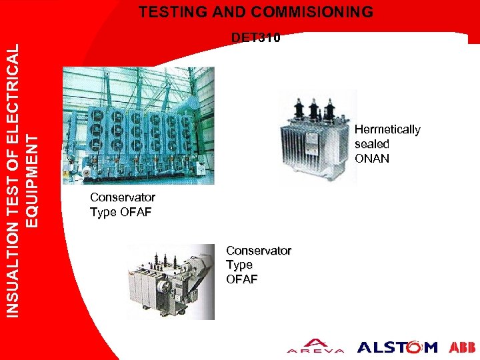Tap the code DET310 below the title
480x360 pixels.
click(255, 38)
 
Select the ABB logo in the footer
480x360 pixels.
click(462, 347)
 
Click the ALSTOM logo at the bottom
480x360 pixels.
click(397, 347)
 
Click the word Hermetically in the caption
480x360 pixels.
click(387, 129)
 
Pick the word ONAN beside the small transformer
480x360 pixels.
click(372, 159)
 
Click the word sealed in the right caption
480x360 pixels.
click(372, 144)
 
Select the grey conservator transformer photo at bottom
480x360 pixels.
click(171, 281)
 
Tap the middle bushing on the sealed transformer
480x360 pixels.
click(311, 109)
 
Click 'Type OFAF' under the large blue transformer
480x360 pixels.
click(121, 213)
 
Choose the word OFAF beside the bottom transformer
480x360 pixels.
click(241, 279)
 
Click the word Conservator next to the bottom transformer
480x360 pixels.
click(259, 251)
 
